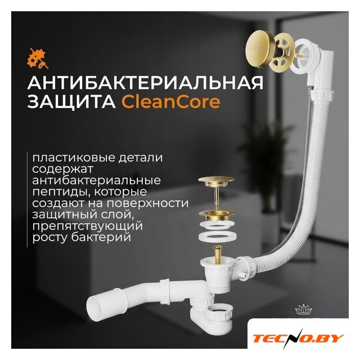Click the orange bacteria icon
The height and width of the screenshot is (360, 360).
(x=38, y=58)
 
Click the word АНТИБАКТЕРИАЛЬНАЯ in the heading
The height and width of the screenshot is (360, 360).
(x=145, y=83)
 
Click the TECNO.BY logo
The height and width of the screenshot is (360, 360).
(x=298, y=339)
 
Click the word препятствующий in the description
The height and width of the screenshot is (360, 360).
(x=88, y=226)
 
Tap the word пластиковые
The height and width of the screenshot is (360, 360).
(x=74, y=157)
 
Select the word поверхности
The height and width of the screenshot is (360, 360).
(x=147, y=203)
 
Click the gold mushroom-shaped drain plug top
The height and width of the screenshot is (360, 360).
(x=216, y=181)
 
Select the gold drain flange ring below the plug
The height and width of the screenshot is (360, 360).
(x=216, y=215)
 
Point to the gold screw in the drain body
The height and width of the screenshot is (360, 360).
(x=217, y=255)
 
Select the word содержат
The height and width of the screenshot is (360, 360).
(x=62, y=169)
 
